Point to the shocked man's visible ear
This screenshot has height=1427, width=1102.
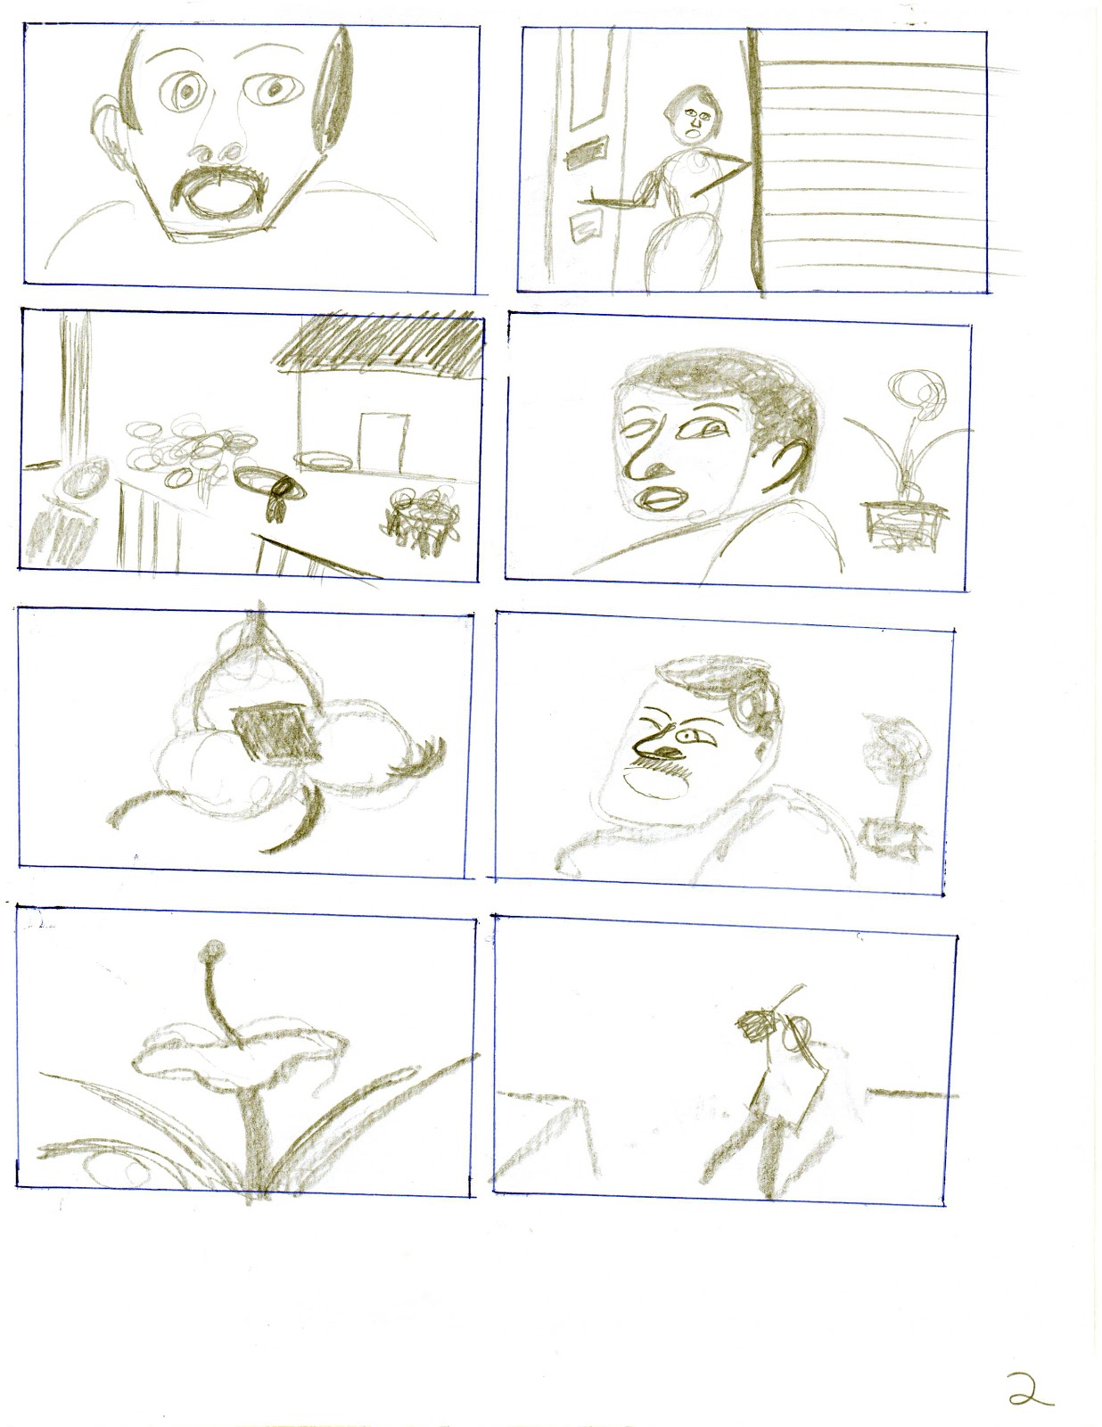(107, 129)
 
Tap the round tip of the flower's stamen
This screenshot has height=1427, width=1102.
(212, 948)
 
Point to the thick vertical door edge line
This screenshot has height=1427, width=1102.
(757, 161)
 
